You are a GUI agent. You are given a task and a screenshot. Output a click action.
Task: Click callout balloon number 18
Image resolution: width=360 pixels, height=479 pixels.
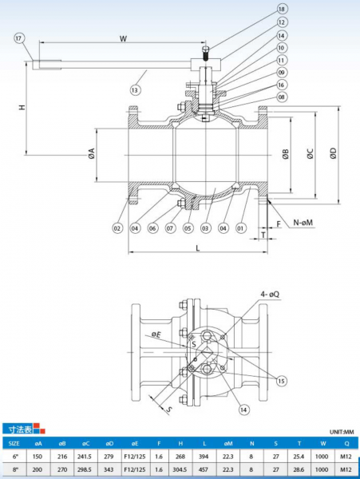point(281,9)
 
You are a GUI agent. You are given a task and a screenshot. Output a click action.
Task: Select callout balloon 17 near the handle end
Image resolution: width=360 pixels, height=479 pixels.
point(19,38)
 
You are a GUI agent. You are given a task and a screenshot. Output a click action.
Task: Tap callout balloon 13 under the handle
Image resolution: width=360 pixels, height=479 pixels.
point(135,89)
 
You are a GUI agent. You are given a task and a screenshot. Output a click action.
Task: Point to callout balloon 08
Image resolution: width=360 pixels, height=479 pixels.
point(281,97)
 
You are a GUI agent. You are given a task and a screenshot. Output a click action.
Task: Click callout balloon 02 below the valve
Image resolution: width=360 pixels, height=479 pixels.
point(117,228)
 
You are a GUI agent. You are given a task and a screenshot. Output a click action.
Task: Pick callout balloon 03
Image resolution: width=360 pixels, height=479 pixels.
point(205,228)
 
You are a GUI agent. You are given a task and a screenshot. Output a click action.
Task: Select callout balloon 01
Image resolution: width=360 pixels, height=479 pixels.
point(241,228)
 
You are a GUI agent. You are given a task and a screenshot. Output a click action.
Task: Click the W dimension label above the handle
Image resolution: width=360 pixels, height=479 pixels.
point(123,39)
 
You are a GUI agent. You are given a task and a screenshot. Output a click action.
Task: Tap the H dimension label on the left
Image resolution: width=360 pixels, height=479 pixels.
point(22,107)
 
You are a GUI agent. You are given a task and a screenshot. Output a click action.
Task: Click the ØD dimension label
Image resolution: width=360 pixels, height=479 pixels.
point(333,153)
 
